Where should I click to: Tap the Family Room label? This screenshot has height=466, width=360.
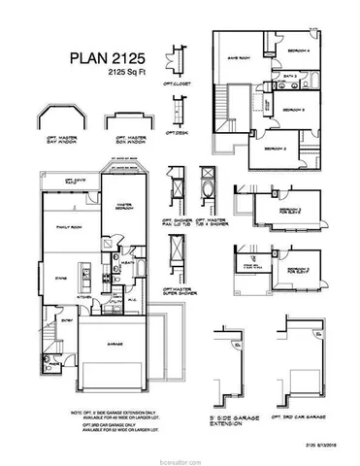[67, 225]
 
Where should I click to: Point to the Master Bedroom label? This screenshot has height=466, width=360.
[123, 205]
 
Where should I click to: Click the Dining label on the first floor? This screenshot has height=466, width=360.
[57, 276]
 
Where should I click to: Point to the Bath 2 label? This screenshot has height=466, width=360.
[289, 76]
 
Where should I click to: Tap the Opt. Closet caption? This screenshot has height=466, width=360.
[178, 83]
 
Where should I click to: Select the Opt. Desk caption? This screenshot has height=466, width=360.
[176, 132]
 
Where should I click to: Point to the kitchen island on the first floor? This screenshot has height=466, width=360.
[87, 271]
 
